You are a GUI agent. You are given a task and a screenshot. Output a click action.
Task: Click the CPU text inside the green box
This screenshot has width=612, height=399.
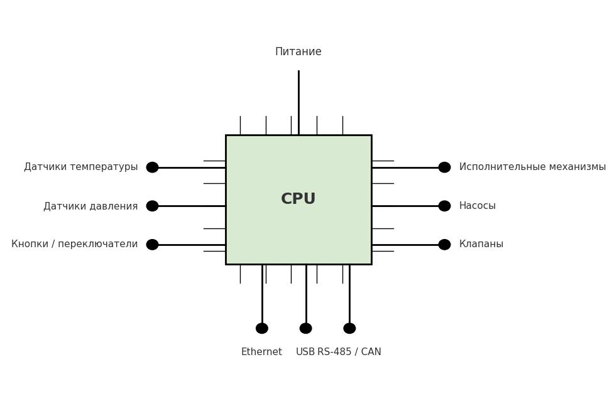click(x=298, y=199)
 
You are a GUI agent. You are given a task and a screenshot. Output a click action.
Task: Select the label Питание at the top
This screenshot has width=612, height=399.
click(x=298, y=52)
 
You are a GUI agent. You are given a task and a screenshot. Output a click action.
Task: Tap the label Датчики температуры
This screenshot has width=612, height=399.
click(x=80, y=167)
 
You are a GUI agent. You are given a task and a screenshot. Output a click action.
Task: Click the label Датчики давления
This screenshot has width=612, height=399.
click(x=90, y=206)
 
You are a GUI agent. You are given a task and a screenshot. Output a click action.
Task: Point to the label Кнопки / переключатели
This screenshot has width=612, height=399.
click(x=74, y=244)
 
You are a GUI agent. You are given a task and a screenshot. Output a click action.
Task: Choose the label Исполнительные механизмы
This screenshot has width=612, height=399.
click(x=532, y=167)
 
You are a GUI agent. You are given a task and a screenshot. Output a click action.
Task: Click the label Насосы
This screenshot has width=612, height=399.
click(x=477, y=206)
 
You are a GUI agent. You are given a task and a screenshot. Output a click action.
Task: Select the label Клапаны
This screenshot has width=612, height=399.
click(x=481, y=244)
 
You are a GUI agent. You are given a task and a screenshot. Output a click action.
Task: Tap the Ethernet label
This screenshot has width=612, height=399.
click(x=261, y=352)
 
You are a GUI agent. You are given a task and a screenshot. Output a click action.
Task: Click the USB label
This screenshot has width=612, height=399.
click(x=305, y=352)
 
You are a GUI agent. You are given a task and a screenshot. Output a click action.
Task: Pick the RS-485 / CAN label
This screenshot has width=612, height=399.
click(x=349, y=352)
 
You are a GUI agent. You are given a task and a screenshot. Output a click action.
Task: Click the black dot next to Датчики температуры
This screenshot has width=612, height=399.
click(x=152, y=168)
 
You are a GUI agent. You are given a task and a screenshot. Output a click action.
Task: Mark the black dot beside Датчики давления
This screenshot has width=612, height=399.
click(x=152, y=206)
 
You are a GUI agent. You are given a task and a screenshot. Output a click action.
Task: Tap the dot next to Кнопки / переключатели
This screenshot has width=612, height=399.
click(x=152, y=245)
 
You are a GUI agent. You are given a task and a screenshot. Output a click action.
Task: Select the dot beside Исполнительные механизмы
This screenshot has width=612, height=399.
click(x=444, y=168)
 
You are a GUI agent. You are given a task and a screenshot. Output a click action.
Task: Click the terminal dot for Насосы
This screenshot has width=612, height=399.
click(x=444, y=206)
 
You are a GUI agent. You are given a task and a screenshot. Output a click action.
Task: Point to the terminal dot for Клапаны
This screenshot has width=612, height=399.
click(x=444, y=245)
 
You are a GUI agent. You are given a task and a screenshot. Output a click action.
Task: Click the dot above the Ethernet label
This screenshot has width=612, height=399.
click(x=262, y=328)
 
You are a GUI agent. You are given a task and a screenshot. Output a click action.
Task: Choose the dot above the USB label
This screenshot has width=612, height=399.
click(x=305, y=328)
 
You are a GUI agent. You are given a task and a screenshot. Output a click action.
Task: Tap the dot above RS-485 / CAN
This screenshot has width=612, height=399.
click(x=349, y=328)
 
